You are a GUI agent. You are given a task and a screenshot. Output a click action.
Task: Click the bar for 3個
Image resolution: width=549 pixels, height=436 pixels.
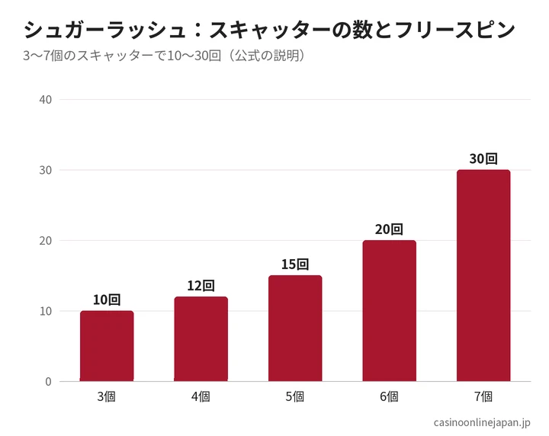(x=107, y=346)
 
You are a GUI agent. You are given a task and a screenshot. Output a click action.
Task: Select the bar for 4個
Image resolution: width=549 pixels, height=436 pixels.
(x=201, y=338)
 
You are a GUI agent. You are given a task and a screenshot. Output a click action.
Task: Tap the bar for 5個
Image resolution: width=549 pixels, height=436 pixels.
(x=295, y=329)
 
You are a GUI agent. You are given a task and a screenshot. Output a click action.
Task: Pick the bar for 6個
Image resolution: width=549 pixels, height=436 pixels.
(x=390, y=311)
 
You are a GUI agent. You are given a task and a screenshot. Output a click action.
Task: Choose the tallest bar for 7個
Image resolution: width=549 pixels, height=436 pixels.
(x=483, y=275)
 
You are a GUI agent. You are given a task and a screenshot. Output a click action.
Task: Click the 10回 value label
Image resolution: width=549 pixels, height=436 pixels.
(x=107, y=300)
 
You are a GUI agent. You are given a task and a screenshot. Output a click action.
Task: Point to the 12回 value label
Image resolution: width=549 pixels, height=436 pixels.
(x=201, y=286)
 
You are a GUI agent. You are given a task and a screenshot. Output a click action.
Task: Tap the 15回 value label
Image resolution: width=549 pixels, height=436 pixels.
(x=295, y=264)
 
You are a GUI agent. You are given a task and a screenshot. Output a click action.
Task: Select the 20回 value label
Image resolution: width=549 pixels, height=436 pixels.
(x=390, y=229)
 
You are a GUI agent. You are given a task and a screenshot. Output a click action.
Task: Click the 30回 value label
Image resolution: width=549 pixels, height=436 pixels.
(x=483, y=159)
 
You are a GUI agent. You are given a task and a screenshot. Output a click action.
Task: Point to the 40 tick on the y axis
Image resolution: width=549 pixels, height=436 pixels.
(x=46, y=100)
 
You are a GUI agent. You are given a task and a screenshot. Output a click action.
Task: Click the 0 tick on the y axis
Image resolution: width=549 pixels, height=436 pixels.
(x=48, y=382)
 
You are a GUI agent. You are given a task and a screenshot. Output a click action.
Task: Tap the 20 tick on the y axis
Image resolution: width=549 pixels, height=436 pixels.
(x=46, y=241)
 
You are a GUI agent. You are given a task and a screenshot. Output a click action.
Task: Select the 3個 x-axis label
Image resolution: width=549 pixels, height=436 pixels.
(x=107, y=397)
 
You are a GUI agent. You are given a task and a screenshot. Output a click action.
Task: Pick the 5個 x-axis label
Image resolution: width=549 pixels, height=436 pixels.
(x=295, y=397)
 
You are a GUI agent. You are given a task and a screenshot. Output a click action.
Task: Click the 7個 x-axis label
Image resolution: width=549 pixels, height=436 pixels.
(x=483, y=397)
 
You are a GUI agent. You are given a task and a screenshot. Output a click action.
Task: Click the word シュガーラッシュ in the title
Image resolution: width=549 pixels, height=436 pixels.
(x=105, y=30)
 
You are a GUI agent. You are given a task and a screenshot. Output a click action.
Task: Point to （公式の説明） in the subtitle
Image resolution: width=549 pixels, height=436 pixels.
(x=266, y=56)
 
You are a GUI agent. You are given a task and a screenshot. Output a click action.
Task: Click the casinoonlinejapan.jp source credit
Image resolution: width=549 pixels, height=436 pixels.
(x=482, y=423)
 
